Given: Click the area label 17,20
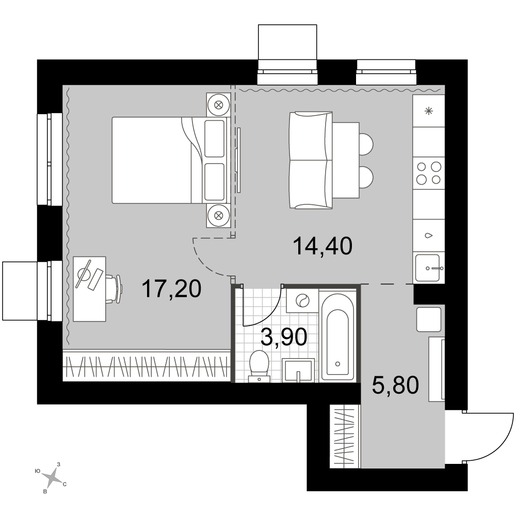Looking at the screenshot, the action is [171, 289].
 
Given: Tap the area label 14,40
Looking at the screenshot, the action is [322, 246].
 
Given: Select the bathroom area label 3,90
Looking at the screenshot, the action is [284, 337].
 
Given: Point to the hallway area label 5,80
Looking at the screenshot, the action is [395, 385].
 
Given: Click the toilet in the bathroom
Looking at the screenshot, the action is [260, 366].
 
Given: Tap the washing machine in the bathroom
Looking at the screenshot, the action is [302, 300].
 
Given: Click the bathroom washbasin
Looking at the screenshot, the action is [298, 371].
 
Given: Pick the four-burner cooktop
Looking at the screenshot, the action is [429, 173].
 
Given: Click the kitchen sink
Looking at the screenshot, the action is [428, 268].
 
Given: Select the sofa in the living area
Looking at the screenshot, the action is [311, 160].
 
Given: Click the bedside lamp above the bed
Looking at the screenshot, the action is [218, 105].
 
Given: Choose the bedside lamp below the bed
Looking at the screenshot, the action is [218, 216].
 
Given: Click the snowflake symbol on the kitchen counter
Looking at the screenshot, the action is [428, 111].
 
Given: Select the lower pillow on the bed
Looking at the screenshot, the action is [214, 182].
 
